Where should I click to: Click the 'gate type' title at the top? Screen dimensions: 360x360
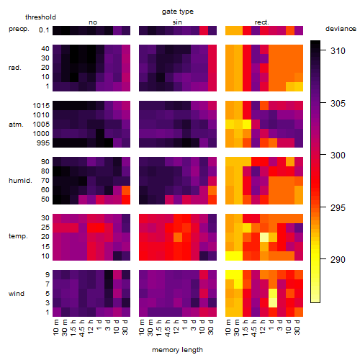pos(178,12)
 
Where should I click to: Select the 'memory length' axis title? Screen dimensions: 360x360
pos(177,350)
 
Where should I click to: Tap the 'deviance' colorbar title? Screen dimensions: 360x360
pos(341,29)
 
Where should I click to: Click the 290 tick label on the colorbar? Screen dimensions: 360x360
pos(338,259)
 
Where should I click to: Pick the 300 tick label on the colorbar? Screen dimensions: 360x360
pos(338,156)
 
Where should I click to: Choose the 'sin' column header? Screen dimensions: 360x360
pos(177,22)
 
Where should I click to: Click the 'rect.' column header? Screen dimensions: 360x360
pos(262,22)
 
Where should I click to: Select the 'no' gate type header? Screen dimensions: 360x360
pos(93,22)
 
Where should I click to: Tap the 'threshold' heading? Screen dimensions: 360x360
pos(40,17)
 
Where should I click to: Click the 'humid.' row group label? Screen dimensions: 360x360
pos(20,181)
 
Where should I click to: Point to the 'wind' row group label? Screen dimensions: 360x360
pos(17,294)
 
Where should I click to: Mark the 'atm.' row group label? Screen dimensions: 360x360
pos(16,125)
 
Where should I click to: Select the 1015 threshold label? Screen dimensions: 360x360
pos(41,106)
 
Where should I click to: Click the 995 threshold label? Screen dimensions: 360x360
pos(43,143)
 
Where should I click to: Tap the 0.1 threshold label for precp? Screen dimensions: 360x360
pos(44,30)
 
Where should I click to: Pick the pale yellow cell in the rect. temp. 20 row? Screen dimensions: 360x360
pos(264,237)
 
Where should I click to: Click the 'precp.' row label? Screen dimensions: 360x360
pos(19,29)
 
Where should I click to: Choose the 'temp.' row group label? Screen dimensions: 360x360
pos(18,236)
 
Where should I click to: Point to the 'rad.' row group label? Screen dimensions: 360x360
pos(15,68)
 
